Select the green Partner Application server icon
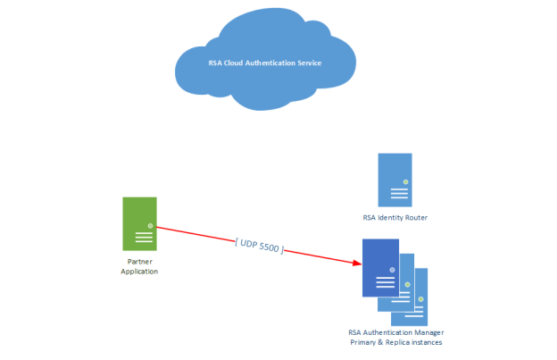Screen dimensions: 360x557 tap(139, 222)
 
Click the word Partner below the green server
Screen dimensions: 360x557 tap(139, 263)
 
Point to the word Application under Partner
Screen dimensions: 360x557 tap(139, 272)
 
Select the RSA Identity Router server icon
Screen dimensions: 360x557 tap(395, 180)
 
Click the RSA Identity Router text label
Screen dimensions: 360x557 tap(395, 217)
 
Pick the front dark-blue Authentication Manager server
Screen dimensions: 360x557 tap(379, 267)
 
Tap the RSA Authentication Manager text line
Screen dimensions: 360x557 tap(395, 332)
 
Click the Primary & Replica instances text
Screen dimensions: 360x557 tap(395, 341)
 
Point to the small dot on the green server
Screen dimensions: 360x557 tap(150, 224)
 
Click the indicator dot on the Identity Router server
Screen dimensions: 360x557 tap(404, 181)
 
